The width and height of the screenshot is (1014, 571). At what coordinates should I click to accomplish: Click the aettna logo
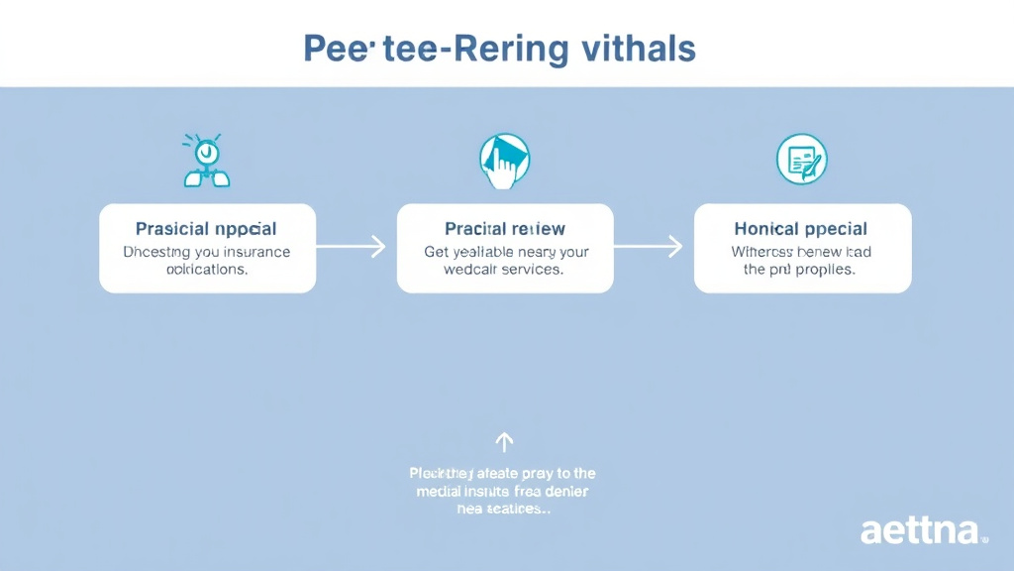point(923,530)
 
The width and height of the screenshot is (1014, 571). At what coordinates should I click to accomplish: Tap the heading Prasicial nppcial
point(206,229)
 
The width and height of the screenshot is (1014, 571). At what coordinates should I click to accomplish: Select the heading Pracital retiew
point(505,229)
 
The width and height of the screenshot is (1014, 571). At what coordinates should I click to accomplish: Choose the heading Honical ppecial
point(802,229)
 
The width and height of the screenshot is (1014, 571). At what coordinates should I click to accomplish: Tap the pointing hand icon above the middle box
point(504,162)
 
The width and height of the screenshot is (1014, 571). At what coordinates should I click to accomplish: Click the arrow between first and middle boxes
point(352,247)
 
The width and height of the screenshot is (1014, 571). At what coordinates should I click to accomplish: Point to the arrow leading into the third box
point(650,247)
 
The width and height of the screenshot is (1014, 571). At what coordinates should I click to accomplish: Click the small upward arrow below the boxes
point(504,441)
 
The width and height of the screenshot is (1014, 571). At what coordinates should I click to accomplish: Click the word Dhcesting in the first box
point(156,252)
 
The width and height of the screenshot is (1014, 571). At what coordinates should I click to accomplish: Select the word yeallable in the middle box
point(487,252)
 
